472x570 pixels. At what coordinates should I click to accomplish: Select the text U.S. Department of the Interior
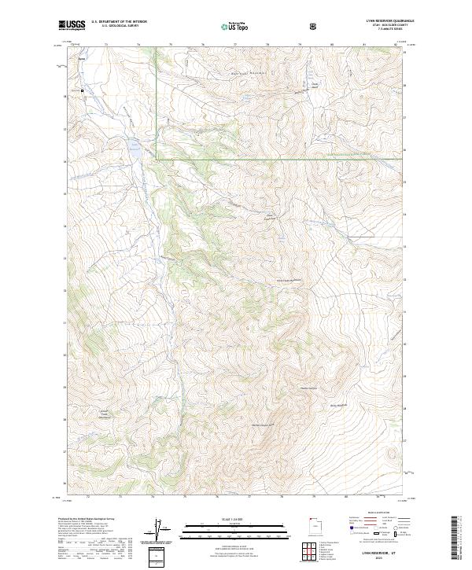tap(118, 22)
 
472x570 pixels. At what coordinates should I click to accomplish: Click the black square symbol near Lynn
tap(83, 91)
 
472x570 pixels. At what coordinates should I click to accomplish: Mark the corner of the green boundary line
tap(156, 159)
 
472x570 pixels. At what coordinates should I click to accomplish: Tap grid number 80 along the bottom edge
tap(346, 497)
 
